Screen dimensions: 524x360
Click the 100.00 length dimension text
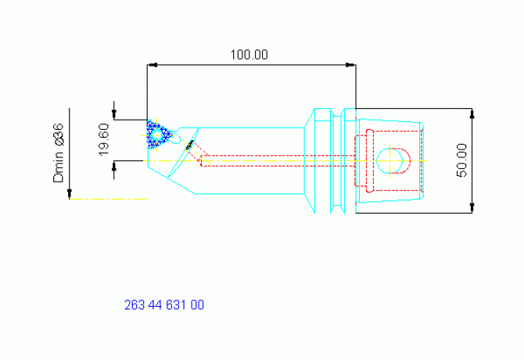click(249, 55)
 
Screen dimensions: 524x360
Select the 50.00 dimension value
click(461, 160)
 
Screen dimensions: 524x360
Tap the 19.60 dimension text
click(103, 139)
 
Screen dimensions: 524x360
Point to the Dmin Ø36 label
click(58, 153)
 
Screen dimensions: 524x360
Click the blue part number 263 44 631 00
click(164, 305)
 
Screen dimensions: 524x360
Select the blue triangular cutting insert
click(159, 135)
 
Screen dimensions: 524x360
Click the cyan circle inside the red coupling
click(389, 160)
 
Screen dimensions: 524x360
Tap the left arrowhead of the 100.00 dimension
click(152, 65)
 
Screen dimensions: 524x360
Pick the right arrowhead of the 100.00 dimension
click(350, 65)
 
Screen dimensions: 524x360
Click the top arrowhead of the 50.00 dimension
click(472, 113)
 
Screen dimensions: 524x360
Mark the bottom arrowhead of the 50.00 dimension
click(472, 207)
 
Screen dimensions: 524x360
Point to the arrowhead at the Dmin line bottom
click(70, 194)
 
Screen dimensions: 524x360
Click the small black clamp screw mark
click(189, 145)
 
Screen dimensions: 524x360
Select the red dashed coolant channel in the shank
click(278, 160)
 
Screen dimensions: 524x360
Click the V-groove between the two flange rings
click(338, 160)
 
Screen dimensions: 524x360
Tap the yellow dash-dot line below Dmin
click(108, 200)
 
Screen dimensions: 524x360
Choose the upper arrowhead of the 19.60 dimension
click(114, 114)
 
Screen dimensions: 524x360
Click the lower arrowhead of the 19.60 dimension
click(114, 166)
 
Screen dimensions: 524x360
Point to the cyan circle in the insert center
click(156, 135)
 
